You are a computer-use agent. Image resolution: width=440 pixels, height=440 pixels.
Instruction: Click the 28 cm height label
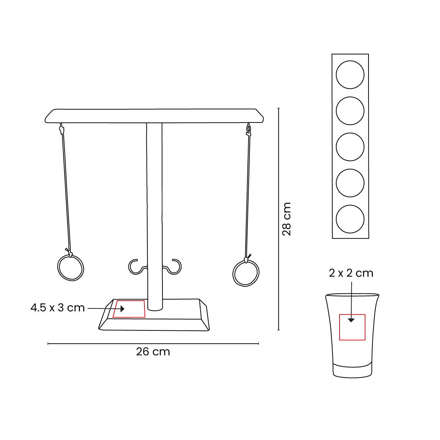(286, 219)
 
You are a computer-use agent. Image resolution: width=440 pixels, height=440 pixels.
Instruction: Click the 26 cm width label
(153, 352)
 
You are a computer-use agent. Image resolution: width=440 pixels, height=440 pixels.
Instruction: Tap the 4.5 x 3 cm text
(58, 308)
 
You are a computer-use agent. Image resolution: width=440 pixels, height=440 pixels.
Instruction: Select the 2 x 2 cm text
(351, 273)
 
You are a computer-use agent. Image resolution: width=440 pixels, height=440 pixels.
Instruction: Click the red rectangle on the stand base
(129, 309)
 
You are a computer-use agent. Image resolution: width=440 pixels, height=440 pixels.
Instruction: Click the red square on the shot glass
(352, 327)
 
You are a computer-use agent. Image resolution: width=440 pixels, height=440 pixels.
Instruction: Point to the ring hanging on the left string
(71, 267)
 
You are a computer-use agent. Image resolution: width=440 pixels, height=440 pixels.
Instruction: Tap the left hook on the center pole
(136, 267)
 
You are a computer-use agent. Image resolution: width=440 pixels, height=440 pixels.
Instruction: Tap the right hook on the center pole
(173, 267)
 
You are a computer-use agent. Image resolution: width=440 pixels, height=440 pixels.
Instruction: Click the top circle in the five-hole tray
(350, 75)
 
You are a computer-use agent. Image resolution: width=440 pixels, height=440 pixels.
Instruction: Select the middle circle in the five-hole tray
(350, 147)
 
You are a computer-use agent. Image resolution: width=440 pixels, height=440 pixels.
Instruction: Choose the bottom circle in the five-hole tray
(350, 219)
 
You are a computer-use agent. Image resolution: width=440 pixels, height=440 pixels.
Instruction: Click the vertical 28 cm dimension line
(279, 165)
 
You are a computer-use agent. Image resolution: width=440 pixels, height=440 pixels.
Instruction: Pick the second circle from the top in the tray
(350, 111)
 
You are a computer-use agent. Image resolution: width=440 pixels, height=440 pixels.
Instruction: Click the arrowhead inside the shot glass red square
(351, 320)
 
